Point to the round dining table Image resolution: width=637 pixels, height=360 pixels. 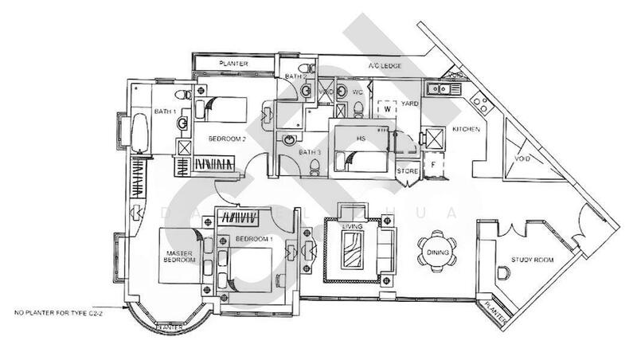point(438,252)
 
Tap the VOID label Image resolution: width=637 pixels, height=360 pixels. point(522,158)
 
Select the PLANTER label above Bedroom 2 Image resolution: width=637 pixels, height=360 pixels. point(233,64)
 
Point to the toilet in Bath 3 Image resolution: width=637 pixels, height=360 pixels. point(317,165)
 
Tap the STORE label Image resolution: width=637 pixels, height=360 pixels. point(407,170)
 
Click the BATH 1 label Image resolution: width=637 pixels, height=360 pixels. point(165,112)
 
